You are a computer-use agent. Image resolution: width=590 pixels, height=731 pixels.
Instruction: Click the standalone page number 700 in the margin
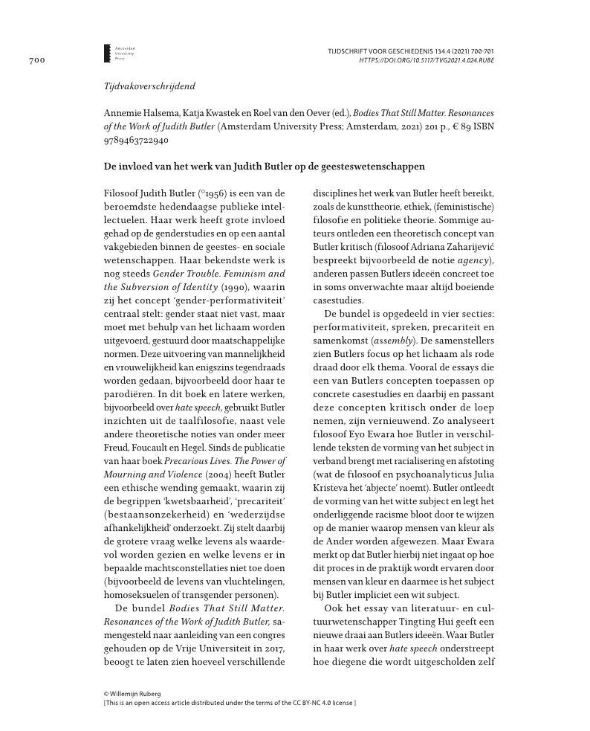[x=36, y=59]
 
